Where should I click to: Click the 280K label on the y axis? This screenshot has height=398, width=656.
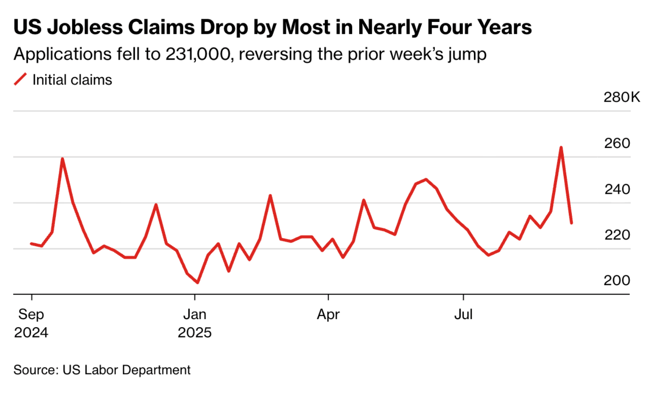(x=621, y=97)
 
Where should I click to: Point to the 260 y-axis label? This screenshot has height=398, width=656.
(x=617, y=143)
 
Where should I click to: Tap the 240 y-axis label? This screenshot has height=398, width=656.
(x=617, y=189)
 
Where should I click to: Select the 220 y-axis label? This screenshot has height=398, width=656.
(x=617, y=235)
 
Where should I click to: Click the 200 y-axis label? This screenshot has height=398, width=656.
(x=617, y=280)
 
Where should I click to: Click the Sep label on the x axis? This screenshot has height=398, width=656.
(x=31, y=314)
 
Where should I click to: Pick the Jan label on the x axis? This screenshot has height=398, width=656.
(x=194, y=314)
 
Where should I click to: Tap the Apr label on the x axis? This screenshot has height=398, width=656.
(x=328, y=314)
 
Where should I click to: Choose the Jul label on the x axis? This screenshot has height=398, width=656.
(x=463, y=314)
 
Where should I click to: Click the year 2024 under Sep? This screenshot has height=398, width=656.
(x=31, y=332)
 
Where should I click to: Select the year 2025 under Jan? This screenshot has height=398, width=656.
(x=194, y=332)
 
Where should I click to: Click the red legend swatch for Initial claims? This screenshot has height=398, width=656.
(x=20, y=79)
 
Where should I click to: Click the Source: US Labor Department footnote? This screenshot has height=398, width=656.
(x=102, y=370)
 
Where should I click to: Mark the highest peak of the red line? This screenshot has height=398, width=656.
(x=561, y=148)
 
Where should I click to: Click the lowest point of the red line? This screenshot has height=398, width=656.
(x=197, y=283)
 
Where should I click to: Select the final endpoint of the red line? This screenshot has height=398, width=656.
(x=571, y=223)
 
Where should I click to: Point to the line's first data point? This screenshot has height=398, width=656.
(x=31, y=244)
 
